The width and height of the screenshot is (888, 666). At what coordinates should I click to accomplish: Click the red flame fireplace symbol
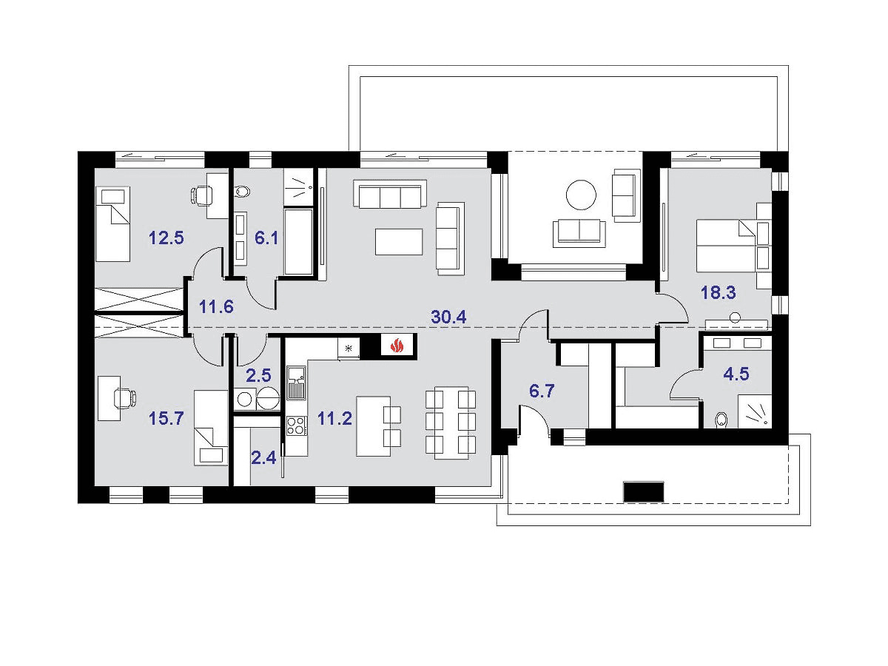[x=397, y=346]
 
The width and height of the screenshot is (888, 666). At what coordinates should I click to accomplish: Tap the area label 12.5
[x=166, y=238]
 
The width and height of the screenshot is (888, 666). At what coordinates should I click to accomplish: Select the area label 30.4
[x=448, y=317]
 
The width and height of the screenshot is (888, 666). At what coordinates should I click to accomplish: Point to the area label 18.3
[x=718, y=292]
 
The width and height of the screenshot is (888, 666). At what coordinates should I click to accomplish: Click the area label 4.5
[x=736, y=374]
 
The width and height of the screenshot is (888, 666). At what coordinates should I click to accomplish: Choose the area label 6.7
[x=542, y=391]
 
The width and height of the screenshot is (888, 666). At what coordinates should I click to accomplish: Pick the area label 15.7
[x=166, y=419]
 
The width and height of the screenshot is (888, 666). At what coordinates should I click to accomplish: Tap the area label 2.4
[x=263, y=458]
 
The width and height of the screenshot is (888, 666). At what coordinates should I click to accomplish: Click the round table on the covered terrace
[x=581, y=195]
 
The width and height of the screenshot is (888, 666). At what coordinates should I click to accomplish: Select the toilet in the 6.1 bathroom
[x=242, y=191]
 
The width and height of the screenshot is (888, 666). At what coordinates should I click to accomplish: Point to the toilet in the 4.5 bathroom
[x=721, y=420]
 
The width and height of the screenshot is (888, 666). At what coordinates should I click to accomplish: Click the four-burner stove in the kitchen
[x=297, y=425]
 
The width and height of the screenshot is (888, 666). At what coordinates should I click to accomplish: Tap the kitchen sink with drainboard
[x=297, y=382]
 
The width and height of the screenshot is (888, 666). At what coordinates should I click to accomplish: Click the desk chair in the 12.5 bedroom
[x=201, y=195]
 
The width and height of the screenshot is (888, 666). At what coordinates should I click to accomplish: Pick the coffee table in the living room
[x=399, y=242]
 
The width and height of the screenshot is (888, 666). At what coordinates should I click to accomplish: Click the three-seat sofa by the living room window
[x=390, y=195]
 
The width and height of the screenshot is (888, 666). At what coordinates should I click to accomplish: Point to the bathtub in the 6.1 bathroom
[x=298, y=242]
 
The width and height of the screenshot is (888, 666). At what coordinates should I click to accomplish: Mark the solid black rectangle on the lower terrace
[x=644, y=491]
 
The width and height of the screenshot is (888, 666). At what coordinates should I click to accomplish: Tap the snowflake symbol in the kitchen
[x=349, y=347]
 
